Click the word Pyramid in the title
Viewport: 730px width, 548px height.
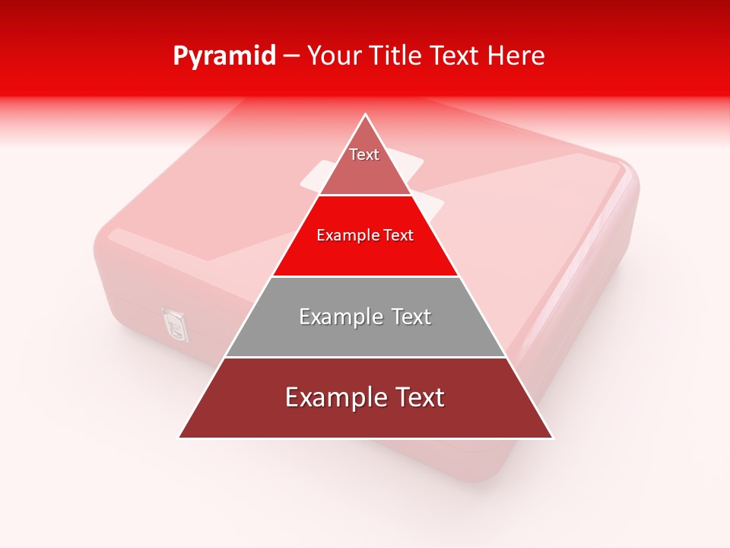(224, 56)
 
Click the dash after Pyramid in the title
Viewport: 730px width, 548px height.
(291, 56)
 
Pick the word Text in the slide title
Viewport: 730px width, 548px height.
(455, 56)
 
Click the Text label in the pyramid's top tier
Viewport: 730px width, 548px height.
(364, 155)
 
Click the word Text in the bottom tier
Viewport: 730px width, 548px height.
(417, 398)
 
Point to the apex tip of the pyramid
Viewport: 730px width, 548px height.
(366, 115)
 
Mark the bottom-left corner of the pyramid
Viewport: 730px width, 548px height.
(179, 438)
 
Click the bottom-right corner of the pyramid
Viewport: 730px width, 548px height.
(552, 438)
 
